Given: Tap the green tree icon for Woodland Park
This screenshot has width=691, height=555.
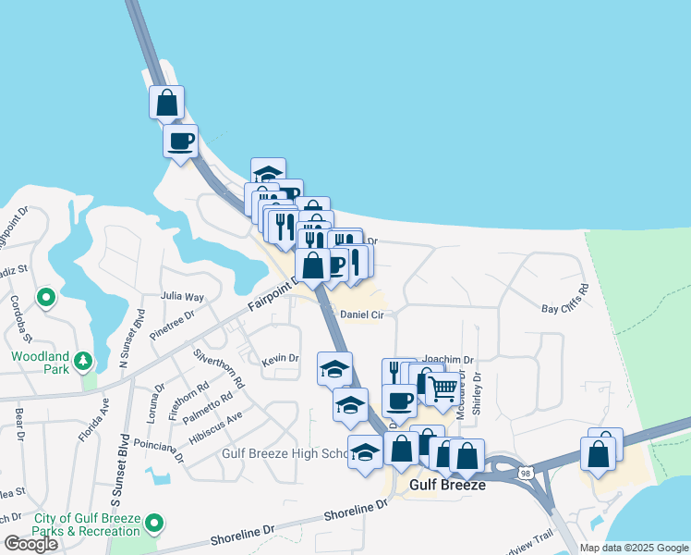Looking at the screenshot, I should coord(83,359).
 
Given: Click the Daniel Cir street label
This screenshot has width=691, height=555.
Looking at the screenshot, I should coord(361,314).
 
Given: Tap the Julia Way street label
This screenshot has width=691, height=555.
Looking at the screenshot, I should coord(182,297).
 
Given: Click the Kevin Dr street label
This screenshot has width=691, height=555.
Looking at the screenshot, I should coord(280,359).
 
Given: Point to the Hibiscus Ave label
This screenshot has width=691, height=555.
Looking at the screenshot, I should coord(214,427).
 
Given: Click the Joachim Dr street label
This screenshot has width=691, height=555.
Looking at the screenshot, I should coord(447,360).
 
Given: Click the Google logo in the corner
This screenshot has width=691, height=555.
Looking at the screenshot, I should coord(30,544).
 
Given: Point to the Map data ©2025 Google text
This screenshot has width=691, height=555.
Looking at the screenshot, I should coord(633,548).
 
